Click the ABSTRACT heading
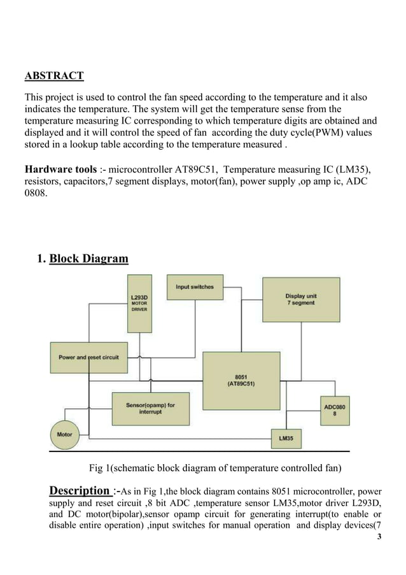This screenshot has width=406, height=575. pyautogui.click(x=54, y=76)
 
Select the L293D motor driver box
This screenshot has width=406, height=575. pyautogui.click(x=140, y=303)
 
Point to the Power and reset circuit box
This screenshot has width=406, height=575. pyautogui.click(x=88, y=358)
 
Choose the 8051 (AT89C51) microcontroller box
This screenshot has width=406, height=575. pyautogui.click(x=241, y=381)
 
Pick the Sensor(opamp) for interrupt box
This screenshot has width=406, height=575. pyautogui.click(x=150, y=408)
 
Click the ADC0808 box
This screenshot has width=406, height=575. pyautogui.click(x=335, y=411)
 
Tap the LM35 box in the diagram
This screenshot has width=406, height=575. pyautogui.click(x=284, y=439)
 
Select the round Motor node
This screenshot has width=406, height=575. pyautogui.click(x=65, y=435)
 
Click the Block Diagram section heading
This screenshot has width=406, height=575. pyautogui.click(x=88, y=259)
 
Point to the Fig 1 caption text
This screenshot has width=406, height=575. pyautogui.click(x=215, y=469)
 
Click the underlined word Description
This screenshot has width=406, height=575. pyautogui.click(x=79, y=490)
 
